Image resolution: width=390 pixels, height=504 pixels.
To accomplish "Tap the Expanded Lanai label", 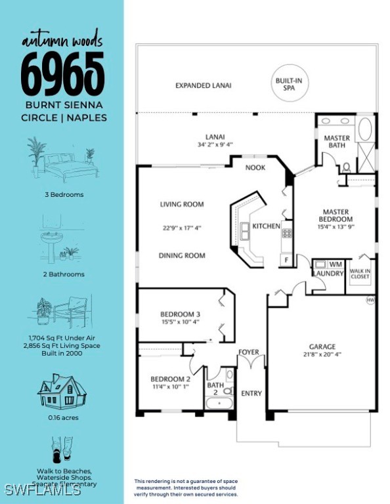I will [x=203, y=85].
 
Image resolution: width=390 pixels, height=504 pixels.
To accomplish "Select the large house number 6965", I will [x=62, y=73].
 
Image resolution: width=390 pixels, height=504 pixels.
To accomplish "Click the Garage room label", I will [x=322, y=346].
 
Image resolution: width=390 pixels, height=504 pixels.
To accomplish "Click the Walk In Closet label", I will [x=359, y=273].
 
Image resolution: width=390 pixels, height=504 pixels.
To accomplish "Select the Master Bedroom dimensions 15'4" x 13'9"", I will [x=336, y=227].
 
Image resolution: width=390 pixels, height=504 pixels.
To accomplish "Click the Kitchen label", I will [x=267, y=226].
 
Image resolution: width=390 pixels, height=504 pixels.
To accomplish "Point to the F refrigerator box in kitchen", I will [x=286, y=260].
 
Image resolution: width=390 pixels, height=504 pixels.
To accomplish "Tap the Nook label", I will [x=255, y=167].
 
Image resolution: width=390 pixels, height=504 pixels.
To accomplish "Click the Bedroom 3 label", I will [x=180, y=314].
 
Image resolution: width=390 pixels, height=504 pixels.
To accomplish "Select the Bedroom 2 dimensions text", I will [x=170, y=387].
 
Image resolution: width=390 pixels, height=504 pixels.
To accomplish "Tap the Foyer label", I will [x=249, y=352].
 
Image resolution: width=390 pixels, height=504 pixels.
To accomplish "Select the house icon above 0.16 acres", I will [x=62, y=391].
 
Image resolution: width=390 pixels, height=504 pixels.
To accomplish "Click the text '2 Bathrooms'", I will [x=62, y=274].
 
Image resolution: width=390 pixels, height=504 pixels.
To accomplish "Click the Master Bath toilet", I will [x=347, y=167].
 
